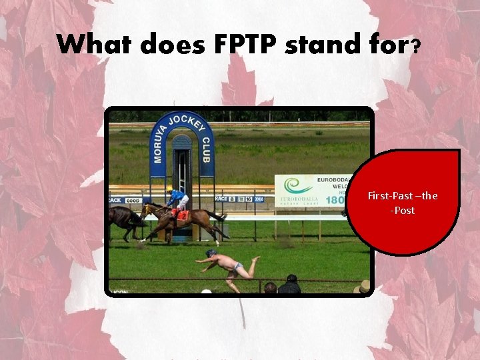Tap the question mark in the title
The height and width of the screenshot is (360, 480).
[x=415, y=45]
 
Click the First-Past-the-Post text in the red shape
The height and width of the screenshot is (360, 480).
[x=403, y=203]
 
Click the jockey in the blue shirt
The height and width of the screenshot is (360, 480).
[x=177, y=199]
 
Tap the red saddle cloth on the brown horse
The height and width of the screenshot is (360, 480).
[x=182, y=215]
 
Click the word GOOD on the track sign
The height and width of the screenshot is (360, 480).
[x=133, y=199]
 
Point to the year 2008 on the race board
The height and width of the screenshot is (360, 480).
[x=259, y=199]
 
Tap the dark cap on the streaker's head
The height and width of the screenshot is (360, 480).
[x=211, y=253]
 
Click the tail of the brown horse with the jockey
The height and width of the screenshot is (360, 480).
[x=217, y=216]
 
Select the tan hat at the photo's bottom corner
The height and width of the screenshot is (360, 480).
[x=364, y=287]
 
